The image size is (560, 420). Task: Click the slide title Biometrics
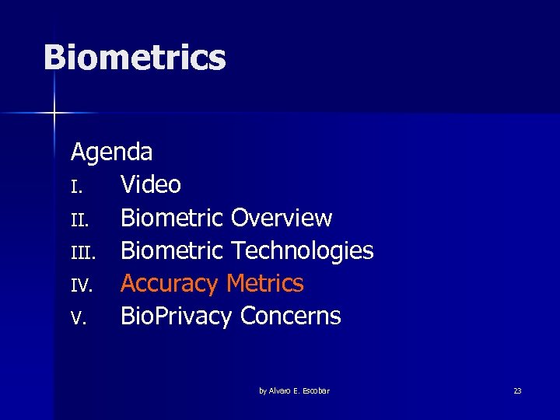[x=135, y=58]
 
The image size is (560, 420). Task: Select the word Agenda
[x=111, y=152]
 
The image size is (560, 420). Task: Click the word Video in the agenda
[x=151, y=185]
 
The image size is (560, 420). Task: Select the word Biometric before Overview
[x=172, y=218]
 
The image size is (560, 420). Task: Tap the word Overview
[x=282, y=218]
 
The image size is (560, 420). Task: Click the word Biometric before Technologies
[x=172, y=250]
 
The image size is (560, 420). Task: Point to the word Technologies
[x=303, y=250]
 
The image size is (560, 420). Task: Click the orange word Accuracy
[x=170, y=284]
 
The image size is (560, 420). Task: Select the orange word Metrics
[x=265, y=283]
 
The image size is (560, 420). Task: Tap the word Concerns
[x=291, y=317]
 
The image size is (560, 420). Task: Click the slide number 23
[x=517, y=390]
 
